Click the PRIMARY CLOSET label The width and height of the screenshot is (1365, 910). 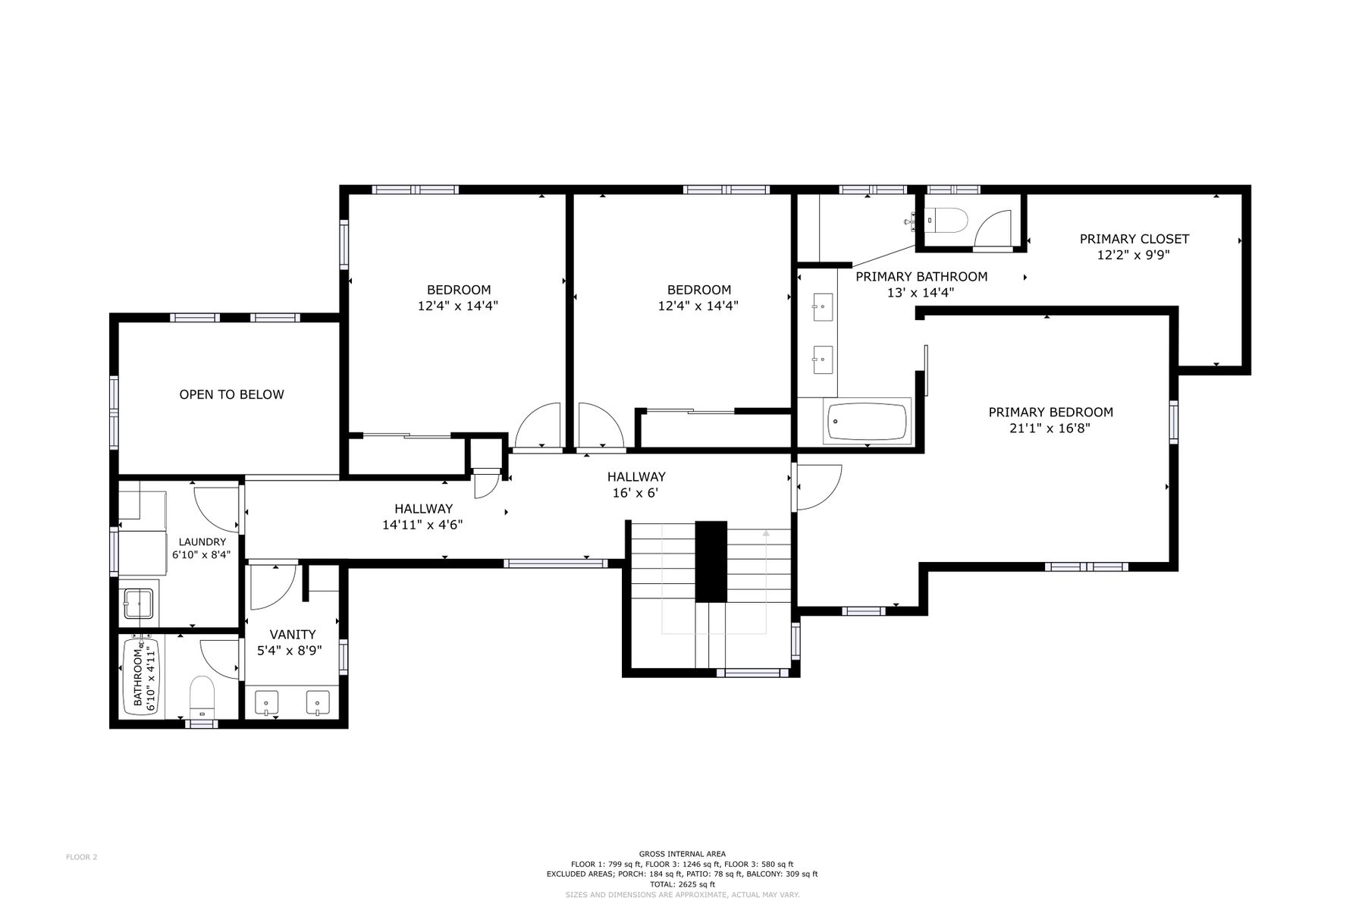pos(1134,239)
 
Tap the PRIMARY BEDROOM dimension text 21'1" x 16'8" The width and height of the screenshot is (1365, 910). pos(1050,428)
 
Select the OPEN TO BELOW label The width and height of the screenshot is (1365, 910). pos(231,394)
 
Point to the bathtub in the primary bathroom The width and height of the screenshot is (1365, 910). pos(868,422)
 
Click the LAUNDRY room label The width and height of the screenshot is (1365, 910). pos(202,541)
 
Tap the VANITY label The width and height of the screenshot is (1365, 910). pos(293,635)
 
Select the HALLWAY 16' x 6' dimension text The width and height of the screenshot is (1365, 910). pos(635,493)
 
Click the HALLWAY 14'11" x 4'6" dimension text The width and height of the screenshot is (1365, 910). pos(422,524)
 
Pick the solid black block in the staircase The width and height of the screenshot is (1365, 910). pos(711,562)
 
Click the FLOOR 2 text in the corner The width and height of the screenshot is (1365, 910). pos(81,858)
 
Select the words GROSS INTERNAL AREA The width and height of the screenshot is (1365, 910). pos(682,854)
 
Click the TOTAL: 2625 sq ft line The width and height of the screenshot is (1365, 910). pos(682,884)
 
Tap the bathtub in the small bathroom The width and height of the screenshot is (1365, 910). pos(141,676)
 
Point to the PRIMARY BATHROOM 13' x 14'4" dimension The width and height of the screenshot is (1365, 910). pos(921,293)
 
